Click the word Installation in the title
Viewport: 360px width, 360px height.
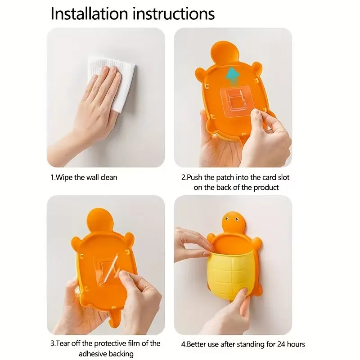coord(89,13)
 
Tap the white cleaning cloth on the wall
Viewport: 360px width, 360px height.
coord(113,83)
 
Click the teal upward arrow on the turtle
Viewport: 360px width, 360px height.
coord(232,76)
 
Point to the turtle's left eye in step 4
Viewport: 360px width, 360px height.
coord(227,219)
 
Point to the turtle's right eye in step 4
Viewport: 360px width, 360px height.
coord(237,220)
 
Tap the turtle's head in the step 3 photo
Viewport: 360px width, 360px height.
coord(100,221)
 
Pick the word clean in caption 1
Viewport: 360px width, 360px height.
coord(109,177)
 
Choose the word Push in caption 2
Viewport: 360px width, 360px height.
coord(195,177)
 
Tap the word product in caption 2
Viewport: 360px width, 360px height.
coord(266,188)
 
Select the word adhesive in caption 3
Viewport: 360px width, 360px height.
coord(93,354)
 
